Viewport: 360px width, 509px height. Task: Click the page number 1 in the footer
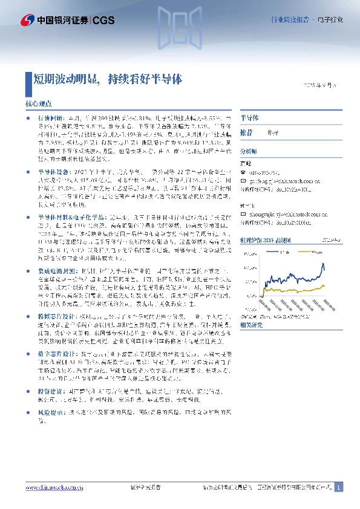(x=339, y=488)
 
